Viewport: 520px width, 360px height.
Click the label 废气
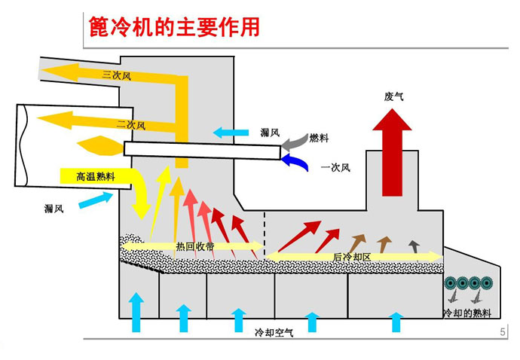tap(394, 96)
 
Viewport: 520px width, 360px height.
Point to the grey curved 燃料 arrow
tap(294, 142)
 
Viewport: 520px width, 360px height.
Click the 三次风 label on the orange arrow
tap(115, 74)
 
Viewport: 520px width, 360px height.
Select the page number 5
tap(503, 332)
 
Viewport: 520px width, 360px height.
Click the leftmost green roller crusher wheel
tap(452, 283)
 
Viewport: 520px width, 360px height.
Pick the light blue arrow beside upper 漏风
tap(229, 133)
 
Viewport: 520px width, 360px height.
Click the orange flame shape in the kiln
tap(94, 143)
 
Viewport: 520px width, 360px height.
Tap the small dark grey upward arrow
tap(414, 244)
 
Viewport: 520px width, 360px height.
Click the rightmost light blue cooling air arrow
tap(396, 322)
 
